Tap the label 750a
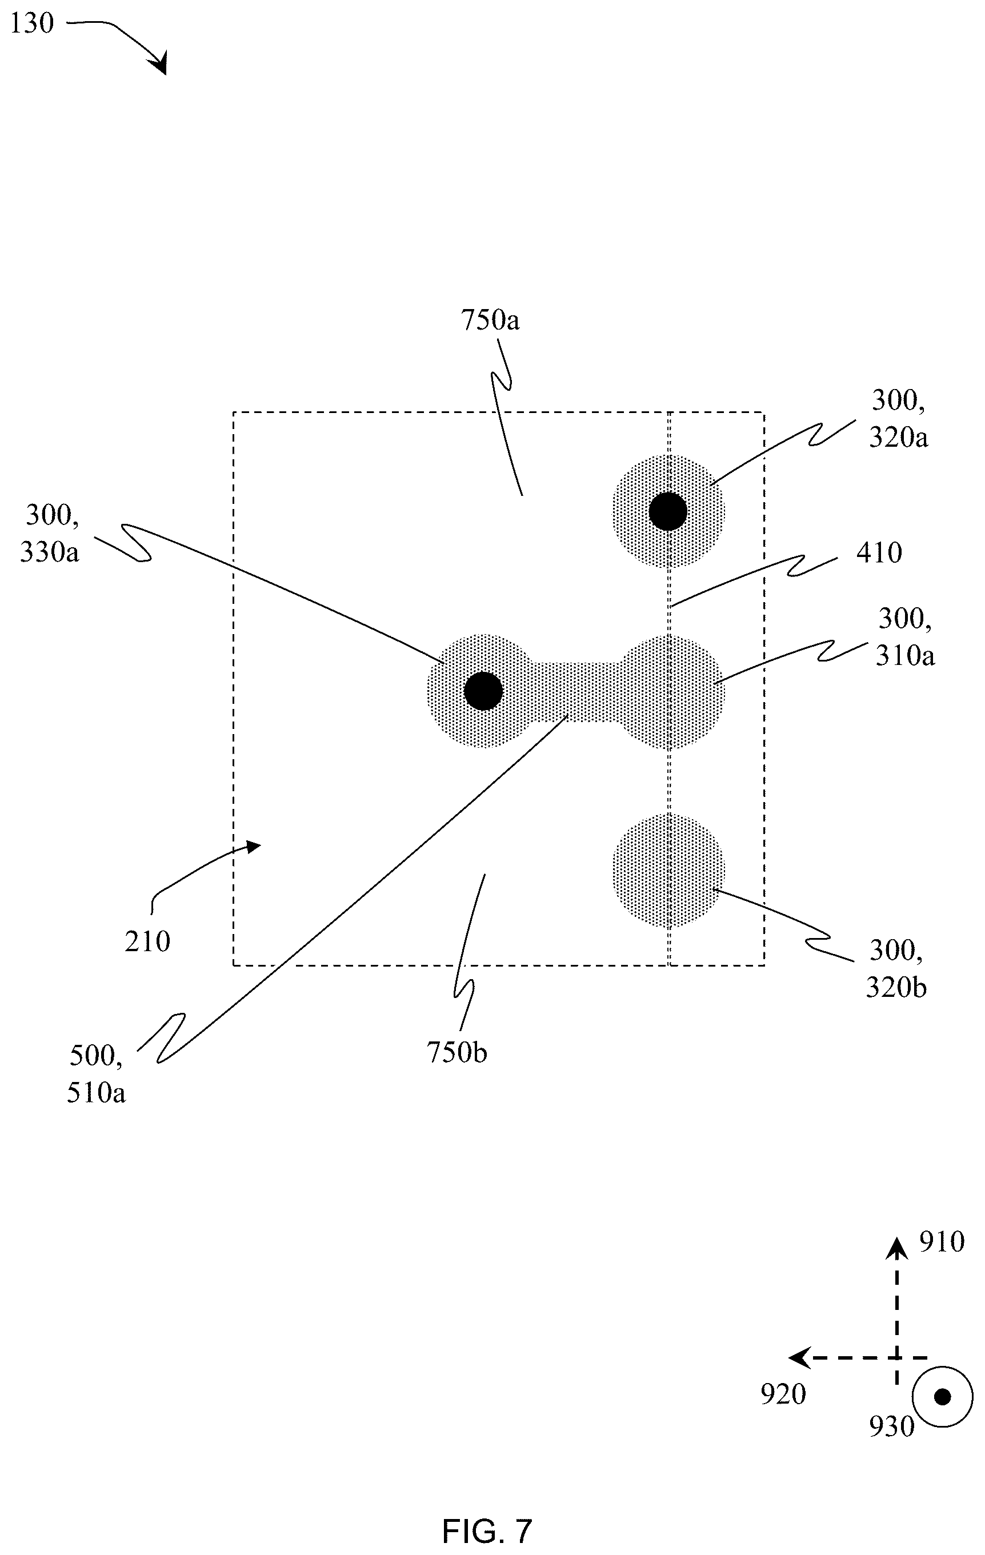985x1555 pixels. pyautogui.click(x=490, y=320)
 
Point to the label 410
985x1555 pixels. pyautogui.click(x=879, y=553)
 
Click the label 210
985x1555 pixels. pyautogui.click(x=147, y=941)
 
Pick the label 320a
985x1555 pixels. pyautogui.click(x=899, y=438)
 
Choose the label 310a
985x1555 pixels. pyautogui.click(x=905, y=655)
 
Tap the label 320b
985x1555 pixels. pyautogui.click(x=896, y=988)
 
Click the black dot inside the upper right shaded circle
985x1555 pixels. pyautogui.click(x=668, y=511)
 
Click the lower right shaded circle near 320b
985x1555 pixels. pyautogui.click(x=668, y=871)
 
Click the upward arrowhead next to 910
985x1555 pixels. pyautogui.click(x=896, y=1249)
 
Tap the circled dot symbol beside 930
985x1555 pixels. pyautogui.click(x=942, y=1397)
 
